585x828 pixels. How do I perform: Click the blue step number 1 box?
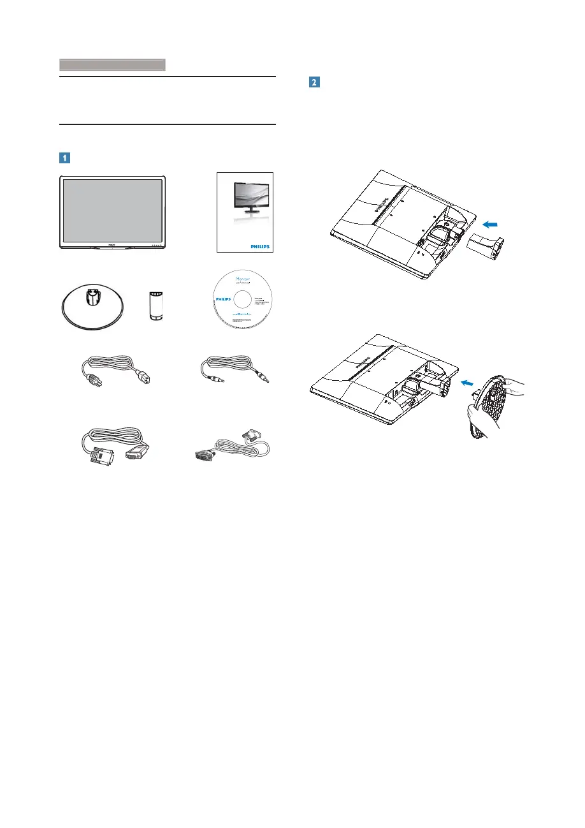(x=66, y=156)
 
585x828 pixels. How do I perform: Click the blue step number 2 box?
(x=314, y=82)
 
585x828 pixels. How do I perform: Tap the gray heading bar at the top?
(x=112, y=64)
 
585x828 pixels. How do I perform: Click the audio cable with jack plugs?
(x=234, y=376)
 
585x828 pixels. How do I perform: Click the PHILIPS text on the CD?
(x=220, y=299)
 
